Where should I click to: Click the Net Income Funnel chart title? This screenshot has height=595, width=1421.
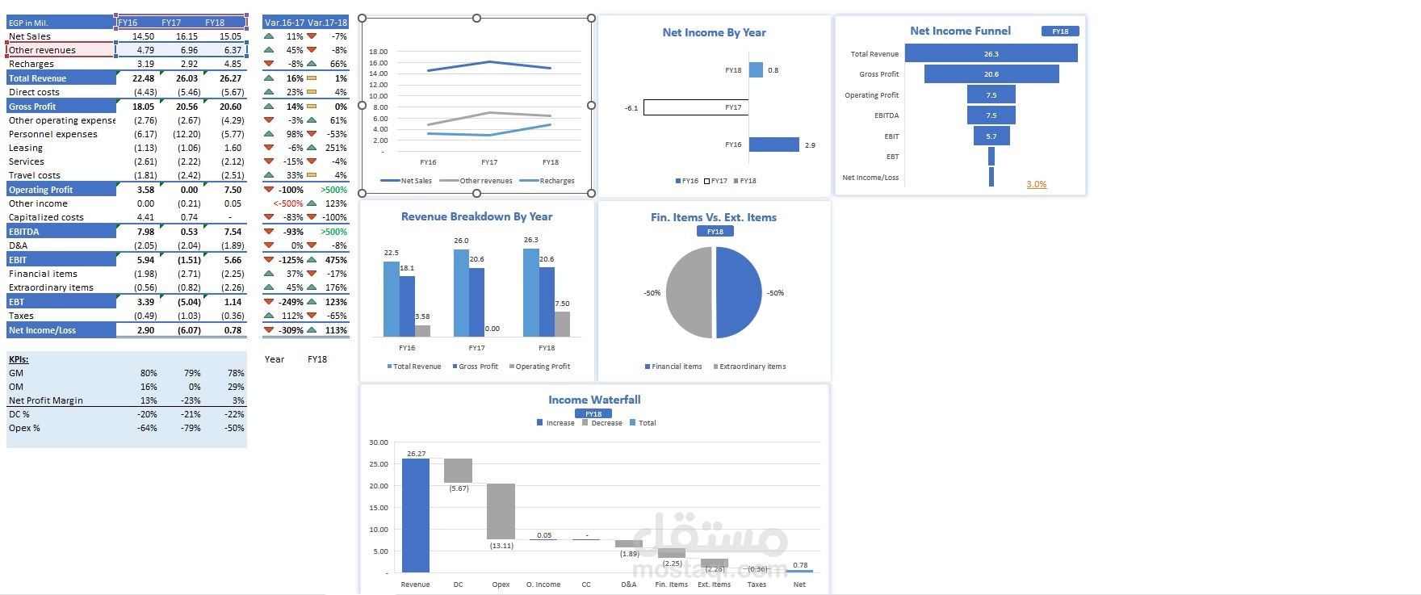[x=960, y=31]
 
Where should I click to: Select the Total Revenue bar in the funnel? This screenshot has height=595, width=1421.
[x=991, y=53]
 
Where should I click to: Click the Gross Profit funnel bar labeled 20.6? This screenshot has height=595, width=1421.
[x=991, y=74]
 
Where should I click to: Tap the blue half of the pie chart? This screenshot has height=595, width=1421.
[x=738, y=292]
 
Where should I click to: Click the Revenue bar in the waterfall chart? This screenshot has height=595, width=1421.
[x=416, y=515]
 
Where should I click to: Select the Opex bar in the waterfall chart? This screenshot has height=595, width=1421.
[x=501, y=511]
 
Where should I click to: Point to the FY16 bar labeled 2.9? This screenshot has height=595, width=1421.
[x=773, y=145]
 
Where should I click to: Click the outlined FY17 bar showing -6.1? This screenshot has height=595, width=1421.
[x=696, y=107]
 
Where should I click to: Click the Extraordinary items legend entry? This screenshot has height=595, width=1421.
[x=752, y=367]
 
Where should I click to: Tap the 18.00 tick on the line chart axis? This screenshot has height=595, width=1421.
[x=378, y=52]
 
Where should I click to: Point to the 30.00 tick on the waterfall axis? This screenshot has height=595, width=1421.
[x=378, y=442]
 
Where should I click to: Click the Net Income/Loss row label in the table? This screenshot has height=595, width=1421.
[x=43, y=330]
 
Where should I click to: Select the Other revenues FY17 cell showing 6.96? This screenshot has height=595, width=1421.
[x=189, y=50]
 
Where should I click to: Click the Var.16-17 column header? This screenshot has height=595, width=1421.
[x=284, y=23]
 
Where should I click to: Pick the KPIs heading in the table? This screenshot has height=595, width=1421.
[x=19, y=359]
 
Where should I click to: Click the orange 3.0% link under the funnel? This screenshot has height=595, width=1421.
[x=1036, y=184]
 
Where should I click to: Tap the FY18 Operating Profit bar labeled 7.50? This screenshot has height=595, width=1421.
[x=562, y=324]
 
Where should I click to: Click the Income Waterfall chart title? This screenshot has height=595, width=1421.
[x=594, y=400]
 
